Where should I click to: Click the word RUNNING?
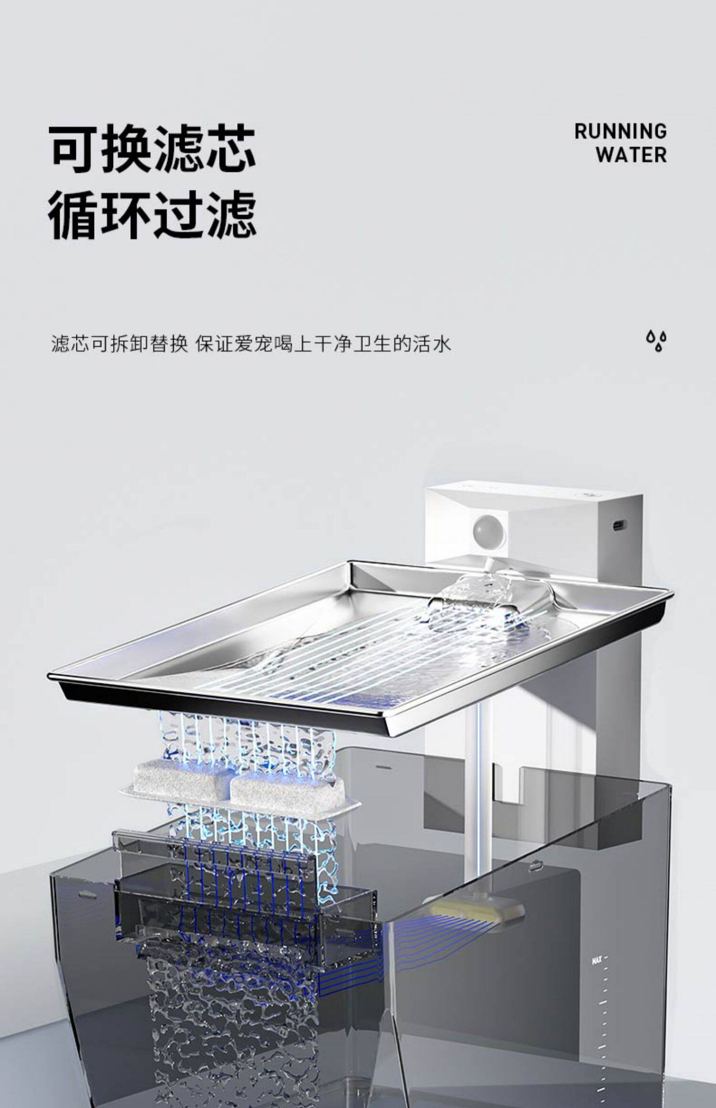[620, 131]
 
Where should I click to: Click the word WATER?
[631, 155]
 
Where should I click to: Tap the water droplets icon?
[657, 341]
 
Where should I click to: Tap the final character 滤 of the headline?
[231, 214]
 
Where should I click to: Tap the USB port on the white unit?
[618, 527]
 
